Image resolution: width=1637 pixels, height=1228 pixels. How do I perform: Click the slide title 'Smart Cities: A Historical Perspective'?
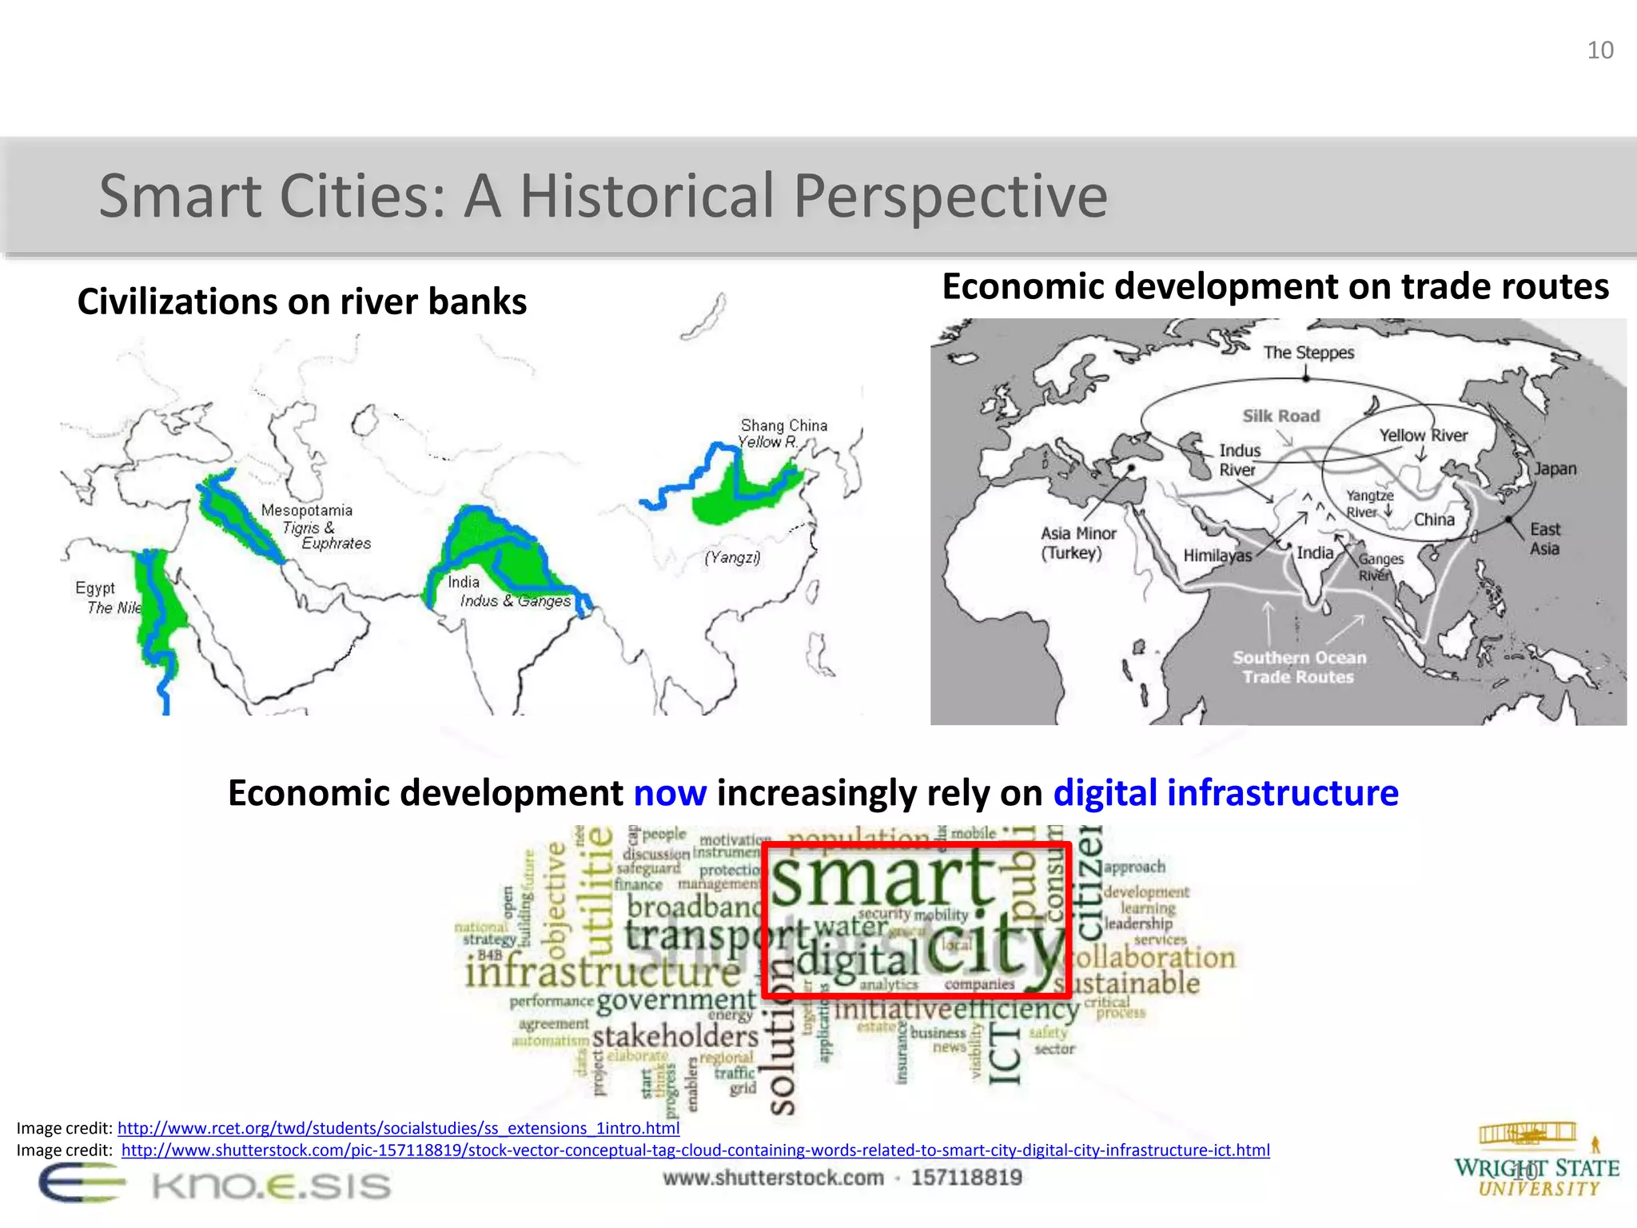coord(603,196)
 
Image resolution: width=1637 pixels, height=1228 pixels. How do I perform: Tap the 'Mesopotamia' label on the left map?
coord(306,510)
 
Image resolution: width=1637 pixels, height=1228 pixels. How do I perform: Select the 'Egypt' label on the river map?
coord(95,588)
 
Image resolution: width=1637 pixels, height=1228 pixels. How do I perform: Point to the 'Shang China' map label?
coord(783,425)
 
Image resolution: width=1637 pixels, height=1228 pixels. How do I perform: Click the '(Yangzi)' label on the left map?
coord(732,557)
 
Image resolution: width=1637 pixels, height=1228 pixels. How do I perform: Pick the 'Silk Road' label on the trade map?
coord(1281,416)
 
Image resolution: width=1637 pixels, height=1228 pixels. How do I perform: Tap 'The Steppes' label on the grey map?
coord(1308,353)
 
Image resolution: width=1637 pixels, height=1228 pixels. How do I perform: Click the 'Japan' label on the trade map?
coord(1555,468)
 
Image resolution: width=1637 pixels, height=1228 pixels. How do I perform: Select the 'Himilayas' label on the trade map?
coord(1217,556)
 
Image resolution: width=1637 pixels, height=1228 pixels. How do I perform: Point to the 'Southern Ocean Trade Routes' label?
coord(1299,667)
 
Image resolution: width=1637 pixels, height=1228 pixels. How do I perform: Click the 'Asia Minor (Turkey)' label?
coord(1077,543)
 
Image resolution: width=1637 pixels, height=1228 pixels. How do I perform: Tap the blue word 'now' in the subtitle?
coord(670,793)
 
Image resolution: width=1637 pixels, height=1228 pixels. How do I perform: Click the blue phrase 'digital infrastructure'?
coord(1225,793)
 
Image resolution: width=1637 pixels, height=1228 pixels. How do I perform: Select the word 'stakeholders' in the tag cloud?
coord(675,1036)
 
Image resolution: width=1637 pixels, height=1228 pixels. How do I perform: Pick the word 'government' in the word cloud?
coord(675,999)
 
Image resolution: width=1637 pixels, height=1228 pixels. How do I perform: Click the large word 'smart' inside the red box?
coord(883,878)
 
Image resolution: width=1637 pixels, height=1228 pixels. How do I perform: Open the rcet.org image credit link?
coord(398,1128)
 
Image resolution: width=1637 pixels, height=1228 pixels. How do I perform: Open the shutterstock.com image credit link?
coord(695,1150)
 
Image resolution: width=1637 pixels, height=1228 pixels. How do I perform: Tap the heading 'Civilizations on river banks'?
coord(302,302)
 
